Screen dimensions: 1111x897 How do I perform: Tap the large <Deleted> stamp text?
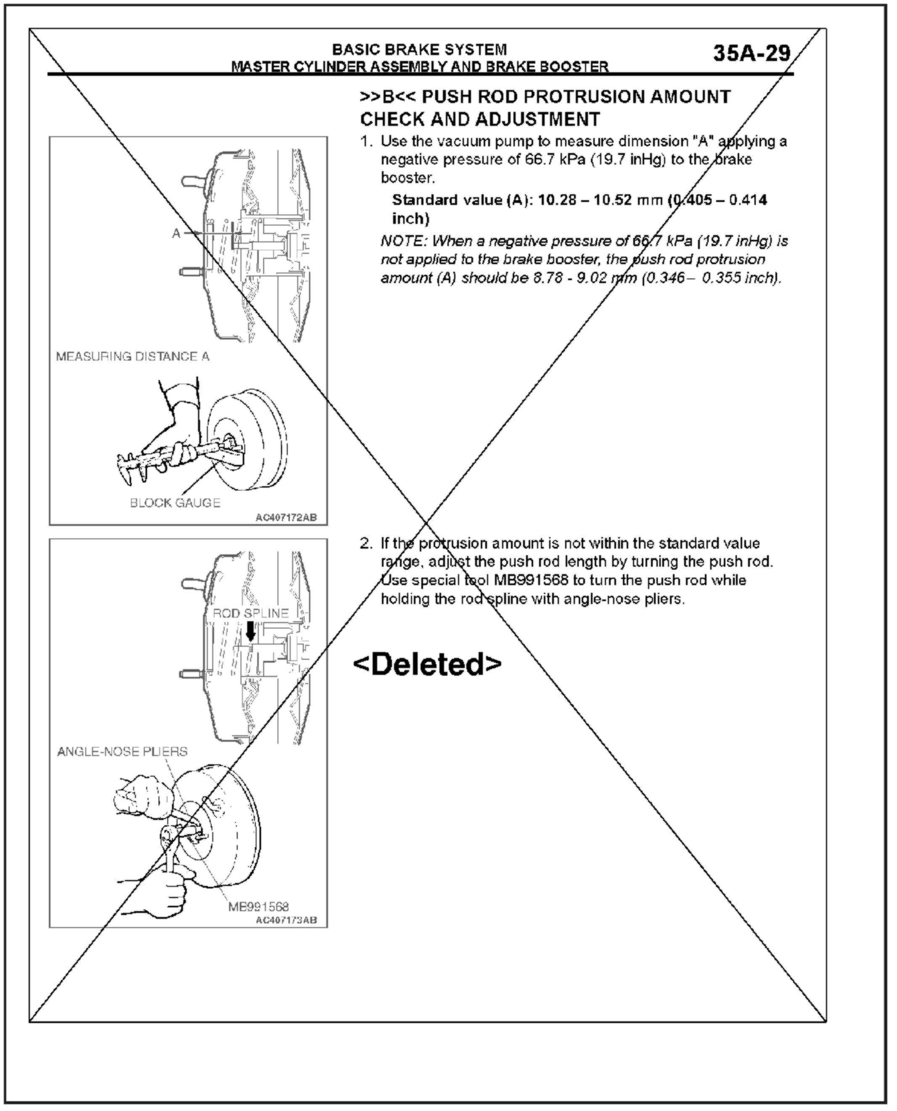[x=427, y=665]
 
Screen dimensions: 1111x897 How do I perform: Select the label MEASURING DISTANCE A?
[x=133, y=357]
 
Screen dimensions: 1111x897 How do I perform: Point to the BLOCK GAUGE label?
[x=175, y=503]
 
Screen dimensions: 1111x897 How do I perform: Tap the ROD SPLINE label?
[x=251, y=613]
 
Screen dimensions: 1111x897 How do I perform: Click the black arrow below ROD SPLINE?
[x=251, y=631]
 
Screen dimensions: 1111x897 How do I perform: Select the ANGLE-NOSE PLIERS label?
[x=122, y=751]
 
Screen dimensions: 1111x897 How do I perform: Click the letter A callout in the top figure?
[x=176, y=233]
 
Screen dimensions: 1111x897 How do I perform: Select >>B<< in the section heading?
[x=388, y=97]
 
